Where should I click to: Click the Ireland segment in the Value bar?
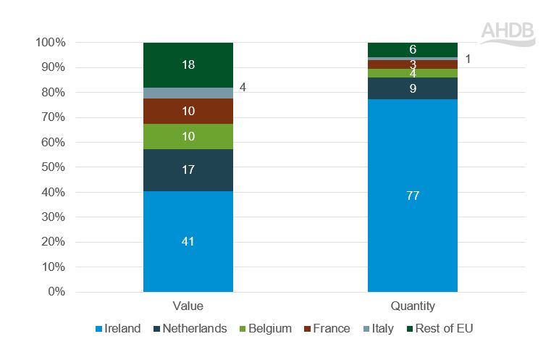point(188,241)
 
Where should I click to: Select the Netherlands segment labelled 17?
point(188,170)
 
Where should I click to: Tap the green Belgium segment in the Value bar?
point(188,136)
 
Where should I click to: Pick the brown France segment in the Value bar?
point(188,111)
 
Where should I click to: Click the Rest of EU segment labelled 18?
point(188,64)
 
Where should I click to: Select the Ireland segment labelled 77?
point(413,196)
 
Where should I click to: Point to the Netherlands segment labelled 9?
point(413,88)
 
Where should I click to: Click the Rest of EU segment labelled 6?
point(413,49)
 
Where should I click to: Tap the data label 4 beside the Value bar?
point(243,88)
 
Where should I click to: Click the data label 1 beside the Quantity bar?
point(468,59)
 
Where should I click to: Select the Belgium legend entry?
point(264,329)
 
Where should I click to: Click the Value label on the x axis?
point(188,306)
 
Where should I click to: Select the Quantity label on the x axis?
point(413,306)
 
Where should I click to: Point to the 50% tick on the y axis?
point(50,167)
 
